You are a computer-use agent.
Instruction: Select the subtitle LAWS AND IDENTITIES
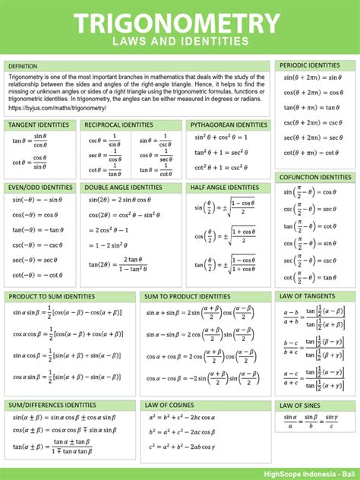pyautogui.click(x=180, y=41)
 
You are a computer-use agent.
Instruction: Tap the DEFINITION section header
pyautogui.click(x=24, y=66)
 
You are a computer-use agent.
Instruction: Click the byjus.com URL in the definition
pyautogui.click(x=58, y=108)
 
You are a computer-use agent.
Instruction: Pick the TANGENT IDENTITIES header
pyautogui.click(x=38, y=125)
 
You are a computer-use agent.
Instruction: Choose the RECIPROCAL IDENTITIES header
pyautogui.click(x=118, y=125)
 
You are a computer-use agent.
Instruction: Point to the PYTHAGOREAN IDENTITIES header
pyautogui.click(x=229, y=125)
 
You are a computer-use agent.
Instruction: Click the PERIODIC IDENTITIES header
pyautogui.click(x=310, y=65)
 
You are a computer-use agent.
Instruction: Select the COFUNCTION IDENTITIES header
pyautogui.click(x=315, y=177)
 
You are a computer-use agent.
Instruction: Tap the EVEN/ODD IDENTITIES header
pyautogui.click(x=40, y=188)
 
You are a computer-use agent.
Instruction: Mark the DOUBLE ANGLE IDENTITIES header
pyautogui.click(x=123, y=188)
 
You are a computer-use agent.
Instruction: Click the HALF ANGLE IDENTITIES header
pyautogui.click(x=225, y=188)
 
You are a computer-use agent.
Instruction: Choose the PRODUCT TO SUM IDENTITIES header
pyautogui.click(x=52, y=296)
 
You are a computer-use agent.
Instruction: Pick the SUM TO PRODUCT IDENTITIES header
pyautogui.click(x=188, y=296)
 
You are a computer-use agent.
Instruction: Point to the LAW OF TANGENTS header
pyautogui.click(x=307, y=296)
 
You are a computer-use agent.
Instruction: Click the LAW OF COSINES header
pyautogui.click(x=170, y=406)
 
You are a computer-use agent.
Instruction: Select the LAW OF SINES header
pyautogui.click(x=301, y=406)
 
